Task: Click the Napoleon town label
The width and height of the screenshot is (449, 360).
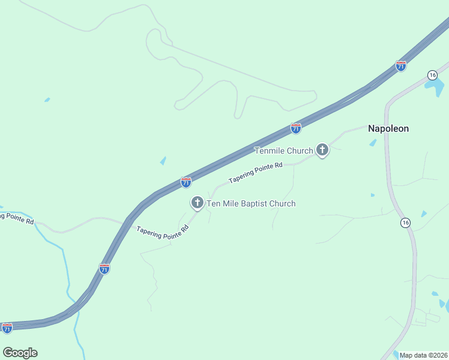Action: click(x=388, y=128)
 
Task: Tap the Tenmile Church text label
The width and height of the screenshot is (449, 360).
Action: click(x=283, y=151)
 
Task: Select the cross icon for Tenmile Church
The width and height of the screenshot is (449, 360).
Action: click(x=322, y=150)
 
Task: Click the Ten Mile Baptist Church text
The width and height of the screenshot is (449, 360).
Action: click(x=251, y=203)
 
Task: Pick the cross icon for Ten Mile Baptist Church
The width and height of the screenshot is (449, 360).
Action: click(x=197, y=203)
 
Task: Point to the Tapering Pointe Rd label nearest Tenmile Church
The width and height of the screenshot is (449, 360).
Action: click(x=255, y=173)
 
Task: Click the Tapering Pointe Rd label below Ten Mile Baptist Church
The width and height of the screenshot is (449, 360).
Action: click(x=162, y=232)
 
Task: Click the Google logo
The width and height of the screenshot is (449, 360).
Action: click(x=20, y=353)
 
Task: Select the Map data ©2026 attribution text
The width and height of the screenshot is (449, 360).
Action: click(x=424, y=355)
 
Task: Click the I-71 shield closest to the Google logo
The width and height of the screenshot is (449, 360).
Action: click(x=7, y=328)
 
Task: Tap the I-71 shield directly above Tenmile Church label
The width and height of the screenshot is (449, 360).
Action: click(x=295, y=128)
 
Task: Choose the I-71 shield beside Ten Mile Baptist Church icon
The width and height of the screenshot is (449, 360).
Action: click(x=186, y=182)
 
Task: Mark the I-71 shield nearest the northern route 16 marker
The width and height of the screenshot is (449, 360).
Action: click(x=401, y=65)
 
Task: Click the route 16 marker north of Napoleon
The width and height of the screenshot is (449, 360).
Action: click(x=432, y=74)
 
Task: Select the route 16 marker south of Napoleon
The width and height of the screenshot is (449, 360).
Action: click(x=406, y=223)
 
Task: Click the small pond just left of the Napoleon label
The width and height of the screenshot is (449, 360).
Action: click(x=373, y=143)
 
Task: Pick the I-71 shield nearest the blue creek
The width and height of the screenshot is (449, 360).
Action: click(x=104, y=269)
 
